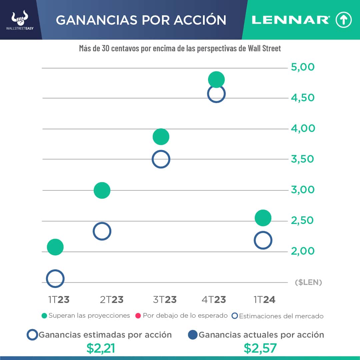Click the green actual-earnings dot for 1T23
pos(55,247)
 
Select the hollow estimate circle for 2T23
pos(102,231)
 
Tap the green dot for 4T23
pos(216,80)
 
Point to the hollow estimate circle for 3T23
pos(161,159)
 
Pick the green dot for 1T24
pos(263,218)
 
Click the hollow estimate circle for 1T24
pos(263,240)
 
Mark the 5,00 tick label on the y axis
pos(303,67)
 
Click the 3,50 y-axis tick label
pos(303,159)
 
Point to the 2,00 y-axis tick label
pos(303,251)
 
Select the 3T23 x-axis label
pos(165,300)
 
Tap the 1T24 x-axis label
pos(264,300)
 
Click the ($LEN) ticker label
pos(309,283)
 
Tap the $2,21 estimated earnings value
pos(101,348)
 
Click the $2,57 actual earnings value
pos(260,348)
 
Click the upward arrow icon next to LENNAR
pos(344,20)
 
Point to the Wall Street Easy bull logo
pos(20,18)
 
